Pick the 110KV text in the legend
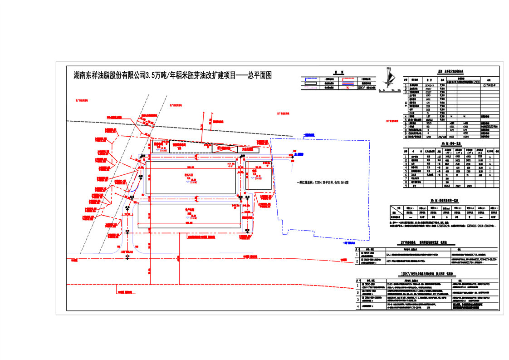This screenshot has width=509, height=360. click(x=362, y=88)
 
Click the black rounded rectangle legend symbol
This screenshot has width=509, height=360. click(x=311, y=84)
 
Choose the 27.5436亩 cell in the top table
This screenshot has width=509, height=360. click(x=489, y=84)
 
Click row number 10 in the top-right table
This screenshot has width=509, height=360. click(x=406, y=136)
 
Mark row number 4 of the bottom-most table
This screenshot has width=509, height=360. click(x=358, y=306)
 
